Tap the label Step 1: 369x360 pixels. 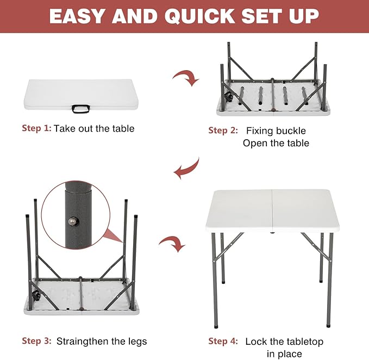tap(37, 129)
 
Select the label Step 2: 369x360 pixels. tap(223, 131)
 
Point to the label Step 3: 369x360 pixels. tap(37, 342)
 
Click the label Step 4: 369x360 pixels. tap(223, 342)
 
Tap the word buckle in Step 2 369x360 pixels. tap(292, 131)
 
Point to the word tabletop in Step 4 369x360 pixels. tap(303, 342)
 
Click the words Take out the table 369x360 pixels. tap(94, 129)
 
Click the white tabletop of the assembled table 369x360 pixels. tap(271, 210)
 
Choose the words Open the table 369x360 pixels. tap(276, 144)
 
